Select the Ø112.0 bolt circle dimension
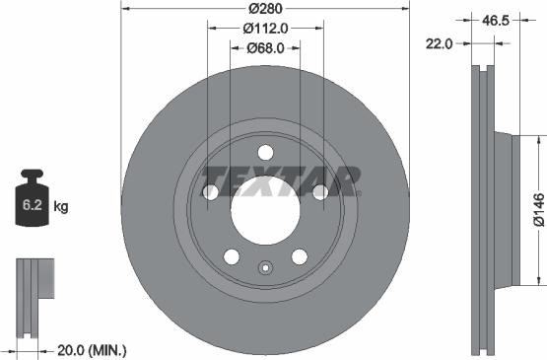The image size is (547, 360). point(265,29)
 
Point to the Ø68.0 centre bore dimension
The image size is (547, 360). point(265,47)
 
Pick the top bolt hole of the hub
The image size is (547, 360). point(265,152)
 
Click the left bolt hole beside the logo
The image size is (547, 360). point(210,192)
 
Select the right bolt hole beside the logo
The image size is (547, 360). point(320,192)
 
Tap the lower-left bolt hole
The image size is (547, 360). point(232,256)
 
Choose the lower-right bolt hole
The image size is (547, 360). point(299,256)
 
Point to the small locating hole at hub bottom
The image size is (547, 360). point(265,266)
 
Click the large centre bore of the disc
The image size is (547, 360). point(265,209)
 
